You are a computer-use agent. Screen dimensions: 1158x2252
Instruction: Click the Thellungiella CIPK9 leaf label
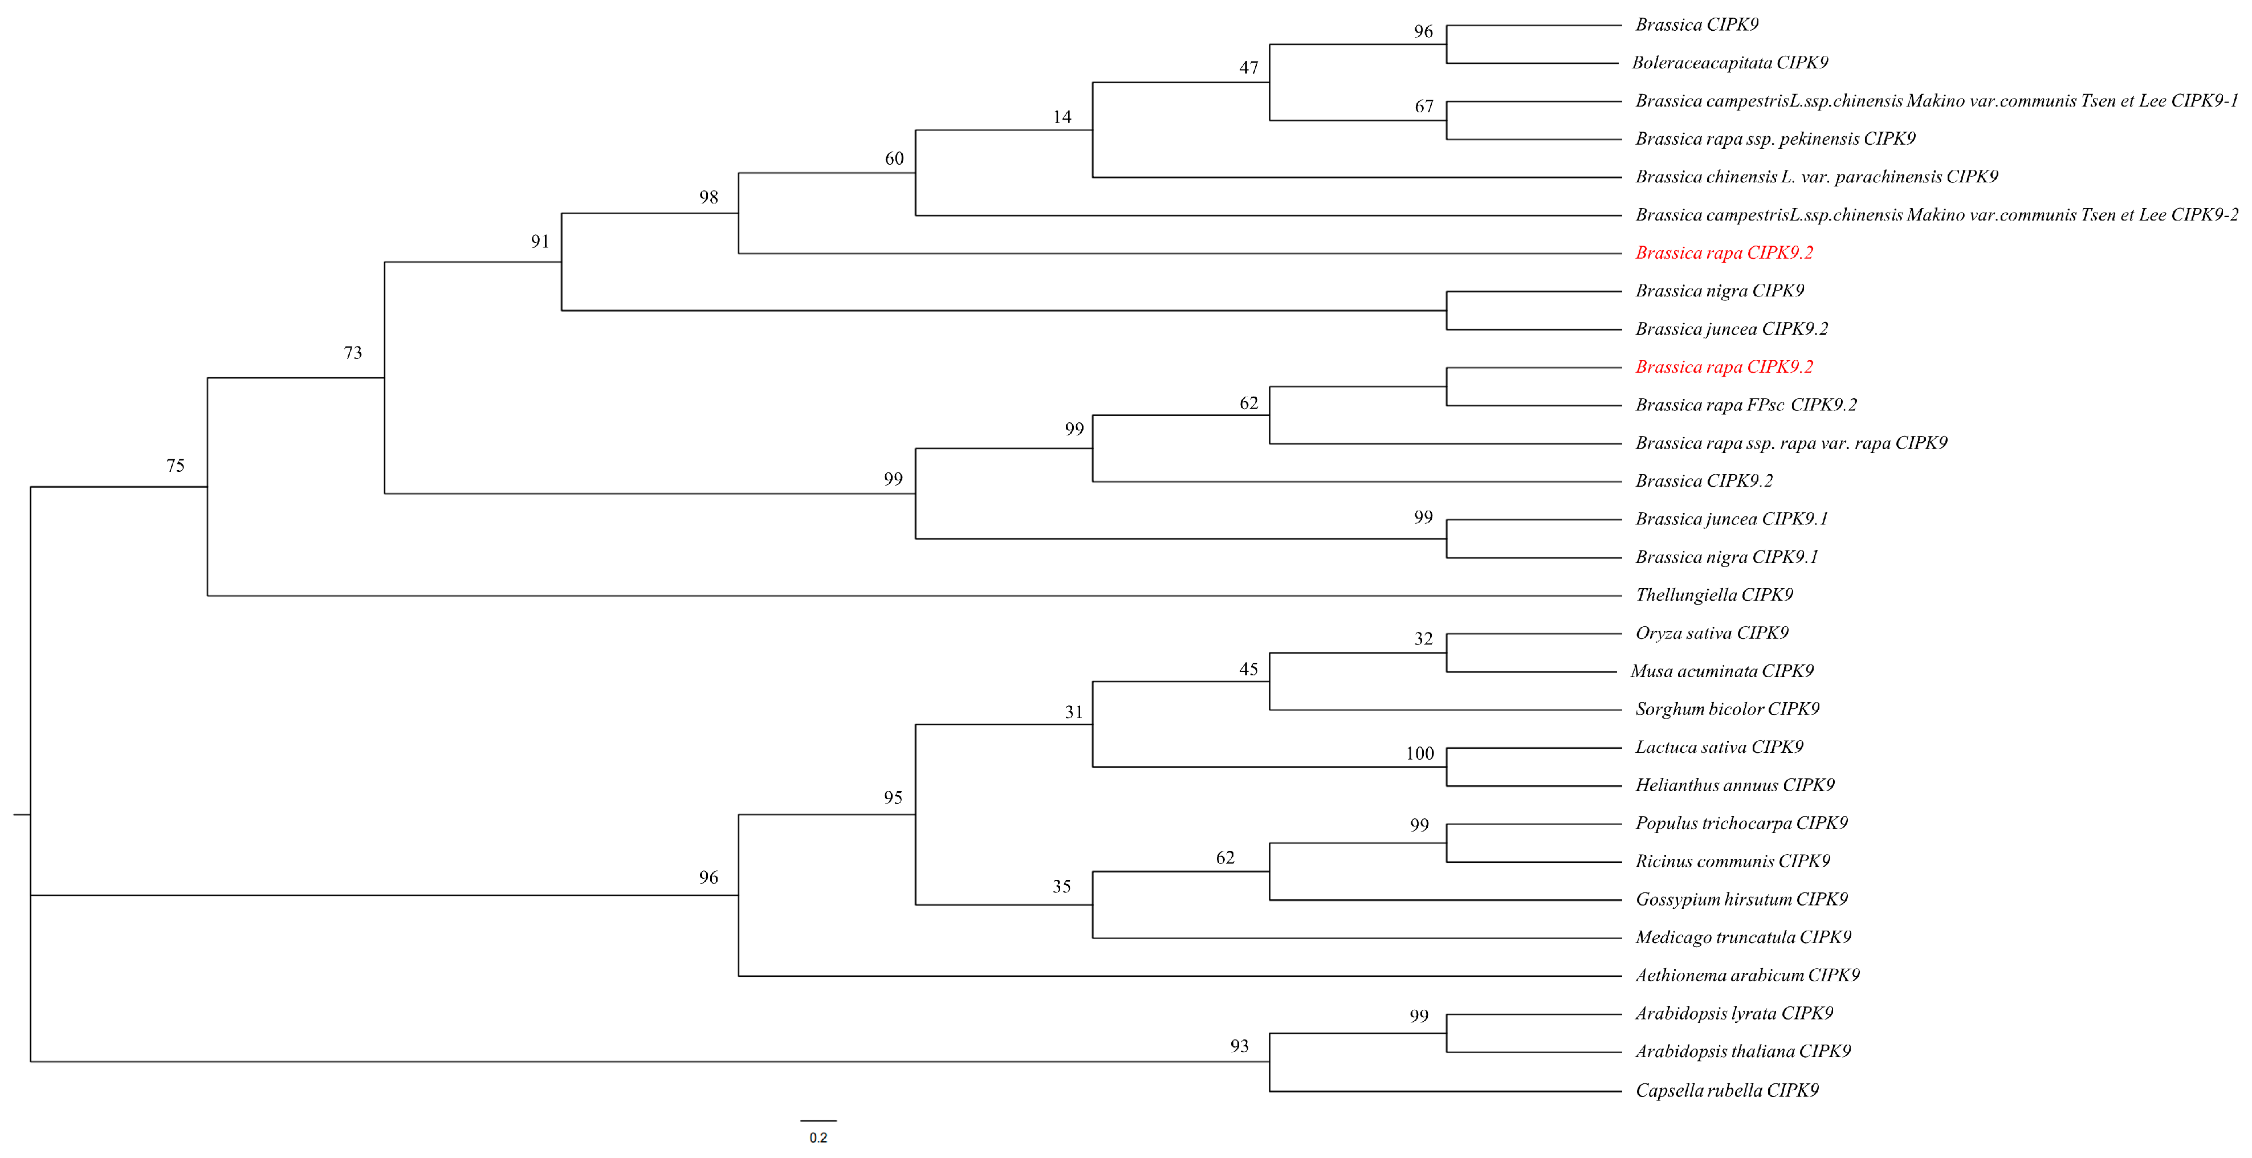coord(1713,595)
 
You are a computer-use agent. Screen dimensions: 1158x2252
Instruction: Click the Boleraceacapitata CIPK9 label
coord(1729,63)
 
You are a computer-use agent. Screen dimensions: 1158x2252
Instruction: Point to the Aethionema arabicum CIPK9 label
coord(1746,975)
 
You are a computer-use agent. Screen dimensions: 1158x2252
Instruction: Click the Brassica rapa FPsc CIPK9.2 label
coord(1746,405)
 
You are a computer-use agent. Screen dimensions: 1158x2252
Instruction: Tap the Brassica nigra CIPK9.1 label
coord(1726,557)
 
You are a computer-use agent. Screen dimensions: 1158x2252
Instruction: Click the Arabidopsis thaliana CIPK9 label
coord(1742,1051)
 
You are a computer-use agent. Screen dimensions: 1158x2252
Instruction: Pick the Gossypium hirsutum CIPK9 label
coord(1741,899)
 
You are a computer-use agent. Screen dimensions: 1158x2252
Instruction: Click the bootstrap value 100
coord(1420,753)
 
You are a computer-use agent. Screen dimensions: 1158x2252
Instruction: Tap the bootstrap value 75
coord(175,466)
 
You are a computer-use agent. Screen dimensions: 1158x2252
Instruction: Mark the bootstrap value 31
coord(1073,712)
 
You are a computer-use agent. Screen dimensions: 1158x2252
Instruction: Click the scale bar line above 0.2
coord(818,1120)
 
